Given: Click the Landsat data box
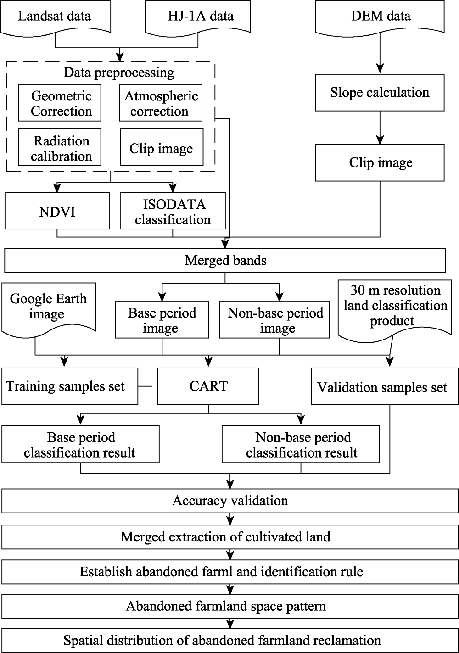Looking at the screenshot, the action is [56, 17].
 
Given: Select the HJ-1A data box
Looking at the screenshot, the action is [198, 17].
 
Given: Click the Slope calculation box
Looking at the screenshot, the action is [380, 92].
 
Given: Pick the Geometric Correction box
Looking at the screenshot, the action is [60, 103].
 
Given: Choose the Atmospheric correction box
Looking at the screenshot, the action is [161, 103].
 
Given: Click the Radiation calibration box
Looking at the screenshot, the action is [60, 147].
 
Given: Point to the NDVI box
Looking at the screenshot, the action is [57, 211].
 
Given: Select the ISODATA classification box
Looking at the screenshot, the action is [173, 211].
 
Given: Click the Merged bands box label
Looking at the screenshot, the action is [225, 260].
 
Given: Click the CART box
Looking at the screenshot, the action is [208, 386].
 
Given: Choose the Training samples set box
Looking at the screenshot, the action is [70, 386].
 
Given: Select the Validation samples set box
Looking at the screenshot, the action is [385, 386].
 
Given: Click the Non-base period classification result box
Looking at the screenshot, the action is [301, 444].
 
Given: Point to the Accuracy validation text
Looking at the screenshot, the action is [230, 501].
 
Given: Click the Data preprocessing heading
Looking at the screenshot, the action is [119, 73].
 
